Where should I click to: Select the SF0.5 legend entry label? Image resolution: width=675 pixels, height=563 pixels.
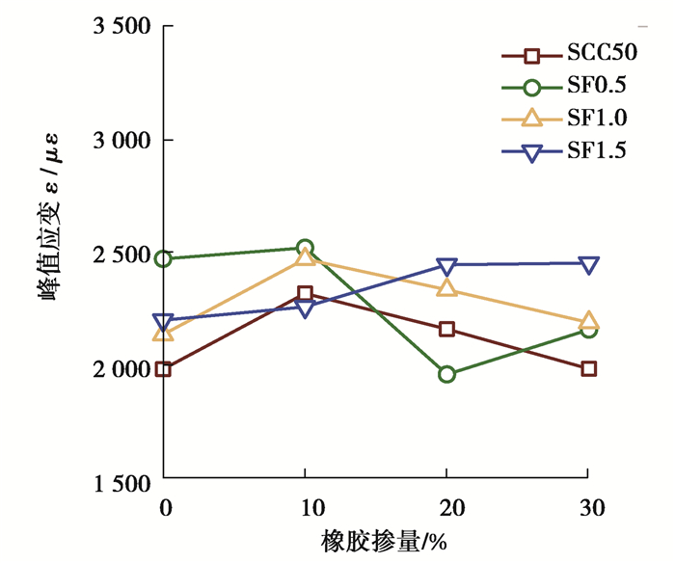pyautogui.click(x=596, y=87)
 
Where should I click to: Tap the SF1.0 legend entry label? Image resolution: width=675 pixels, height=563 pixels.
pyautogui.click(x=596, y=119)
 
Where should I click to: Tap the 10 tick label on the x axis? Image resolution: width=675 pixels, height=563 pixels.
pyautogui.click(x=305, y=505)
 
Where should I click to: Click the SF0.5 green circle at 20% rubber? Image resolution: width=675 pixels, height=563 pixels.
pyautogui.click(x=446, y=374)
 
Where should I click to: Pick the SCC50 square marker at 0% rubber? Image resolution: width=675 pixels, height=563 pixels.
pyautogui.click(x=164, y=368)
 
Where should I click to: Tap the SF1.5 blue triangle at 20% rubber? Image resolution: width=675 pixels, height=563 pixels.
pyautogui.click(x=446, y=266)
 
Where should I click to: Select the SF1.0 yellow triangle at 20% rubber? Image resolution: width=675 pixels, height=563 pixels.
pyautogui.click(x=446, y=288)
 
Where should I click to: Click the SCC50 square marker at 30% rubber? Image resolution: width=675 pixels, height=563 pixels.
pyautogui.click(x=588, y=368)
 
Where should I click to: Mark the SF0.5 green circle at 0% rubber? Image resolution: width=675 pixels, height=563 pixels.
pyautogui.click(x=164, y=258)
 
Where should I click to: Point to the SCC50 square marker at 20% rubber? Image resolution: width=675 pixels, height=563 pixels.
pyautogui.click(x=446, y=329)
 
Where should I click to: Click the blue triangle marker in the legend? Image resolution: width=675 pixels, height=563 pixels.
pyautogui.click(x=531, y=150)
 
